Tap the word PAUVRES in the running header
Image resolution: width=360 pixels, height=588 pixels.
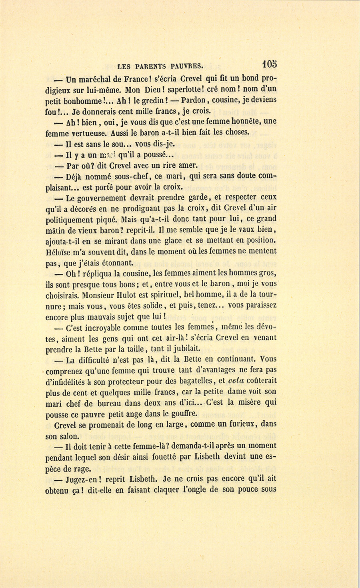tap(184, 66)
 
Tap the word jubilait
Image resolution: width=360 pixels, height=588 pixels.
tap(182, 349)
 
